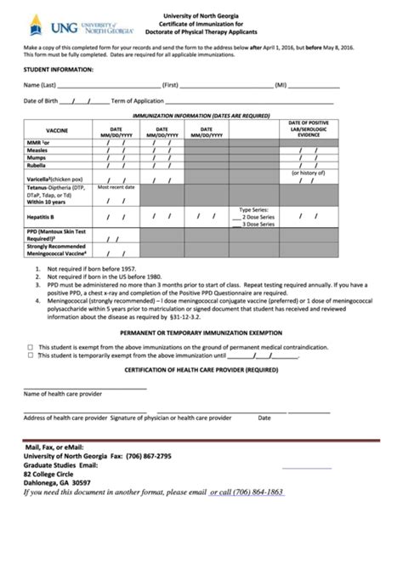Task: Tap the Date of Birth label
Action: tap(41, 101)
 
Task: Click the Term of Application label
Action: tap(139, 101)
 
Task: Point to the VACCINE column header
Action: tap(56, 130)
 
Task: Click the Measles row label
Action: tap(37, 150)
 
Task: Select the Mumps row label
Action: tap(36, 157)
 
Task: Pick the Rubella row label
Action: tap(36, 165)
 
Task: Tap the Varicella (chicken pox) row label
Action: tap(54, 179)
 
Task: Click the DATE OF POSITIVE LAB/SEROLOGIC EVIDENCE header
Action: tap(308, 128)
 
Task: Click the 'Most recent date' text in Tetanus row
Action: tap(116, 187)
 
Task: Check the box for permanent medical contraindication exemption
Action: tap(31, 347)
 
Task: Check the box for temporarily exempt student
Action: tap(31, 356)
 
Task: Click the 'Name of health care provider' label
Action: tap(62, 394)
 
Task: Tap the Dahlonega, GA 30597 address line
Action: tap(57, 482)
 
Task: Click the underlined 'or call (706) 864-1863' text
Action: tap(247, 492)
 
